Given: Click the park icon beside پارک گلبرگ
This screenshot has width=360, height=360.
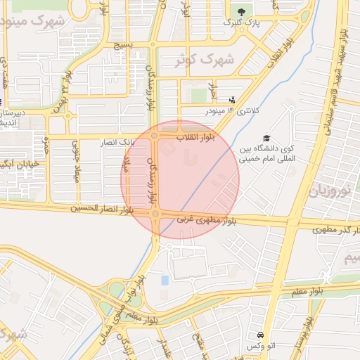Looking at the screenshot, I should pos(243,12).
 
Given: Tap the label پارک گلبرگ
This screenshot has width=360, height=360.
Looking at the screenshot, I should pos(242,22).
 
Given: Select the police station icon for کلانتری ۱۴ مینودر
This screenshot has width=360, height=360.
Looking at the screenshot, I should pos(233,101).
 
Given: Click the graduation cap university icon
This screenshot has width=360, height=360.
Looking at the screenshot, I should pos(266,138).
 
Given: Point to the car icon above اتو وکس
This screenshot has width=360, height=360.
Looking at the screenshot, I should pos(261,335).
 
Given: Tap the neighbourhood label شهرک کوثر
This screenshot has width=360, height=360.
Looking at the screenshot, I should pos(206,60).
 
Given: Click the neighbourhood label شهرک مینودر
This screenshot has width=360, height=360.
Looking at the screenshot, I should pos(35,20).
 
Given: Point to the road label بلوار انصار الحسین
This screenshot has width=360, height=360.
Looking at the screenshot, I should pos(102,209).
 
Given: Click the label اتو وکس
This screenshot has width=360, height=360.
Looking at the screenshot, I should pos(260,347).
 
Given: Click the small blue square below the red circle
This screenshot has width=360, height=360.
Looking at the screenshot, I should pos(165,281).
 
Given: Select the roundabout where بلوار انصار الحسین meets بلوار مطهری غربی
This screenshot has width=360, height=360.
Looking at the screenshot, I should pos(155,214).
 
